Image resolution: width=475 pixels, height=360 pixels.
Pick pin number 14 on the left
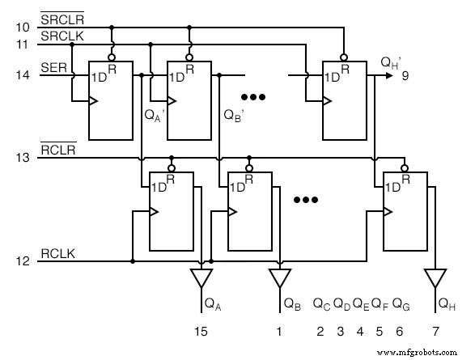[x=23, y=74]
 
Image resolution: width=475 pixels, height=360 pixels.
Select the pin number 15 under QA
[x=201, y=331]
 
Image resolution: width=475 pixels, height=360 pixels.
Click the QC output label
[x=321, y=305]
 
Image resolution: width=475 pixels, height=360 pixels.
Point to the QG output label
[x=401, y=305]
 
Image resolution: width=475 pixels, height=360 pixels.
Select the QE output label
[x=361, y=305]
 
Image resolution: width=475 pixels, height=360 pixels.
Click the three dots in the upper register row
[x=253, y=97]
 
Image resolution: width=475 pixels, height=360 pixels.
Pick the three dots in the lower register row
[x=307, y=198]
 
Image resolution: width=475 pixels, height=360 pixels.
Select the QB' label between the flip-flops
[x=233, y=113]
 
